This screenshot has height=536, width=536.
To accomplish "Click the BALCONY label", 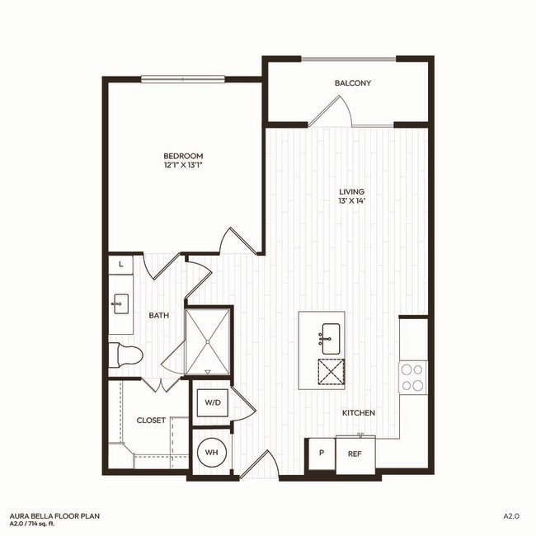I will pos(352,83).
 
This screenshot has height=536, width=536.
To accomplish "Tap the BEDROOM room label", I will pos(183,156).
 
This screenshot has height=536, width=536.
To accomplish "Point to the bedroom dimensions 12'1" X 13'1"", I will pos(183,166).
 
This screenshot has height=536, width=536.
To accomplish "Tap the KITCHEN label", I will pos(360,412).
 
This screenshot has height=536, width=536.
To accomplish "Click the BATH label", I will pos(159,316).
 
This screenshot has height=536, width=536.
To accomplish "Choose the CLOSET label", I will pos(151,421).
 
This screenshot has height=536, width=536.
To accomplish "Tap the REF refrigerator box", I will pos(355,454).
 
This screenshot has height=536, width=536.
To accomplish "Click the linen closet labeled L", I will pos(121,264).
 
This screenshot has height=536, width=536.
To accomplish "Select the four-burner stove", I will pos(412,377).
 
